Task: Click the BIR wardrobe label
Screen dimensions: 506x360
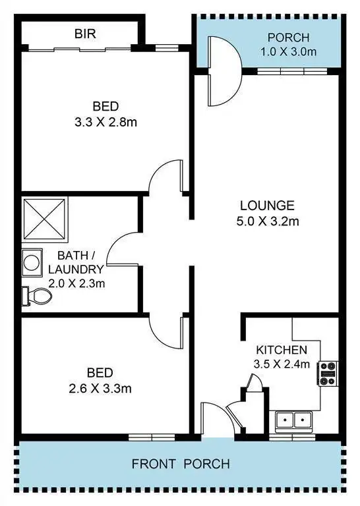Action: pyautogui.click(x=86, y=33)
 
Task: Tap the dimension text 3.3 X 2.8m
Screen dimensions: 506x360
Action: pyautogui.click(x=105, y=122)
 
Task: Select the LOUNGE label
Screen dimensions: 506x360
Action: pyautogui.click(x=267, y=205)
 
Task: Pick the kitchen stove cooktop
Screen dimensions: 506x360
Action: pyautogui.click(x=328, y=374)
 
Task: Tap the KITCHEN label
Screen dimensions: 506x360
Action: pyautogui.click(x=282, y=349)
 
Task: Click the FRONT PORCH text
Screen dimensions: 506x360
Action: pyautogui.click(x=181, y=464)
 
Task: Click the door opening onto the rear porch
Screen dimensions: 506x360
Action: pyautogui.click(x=223, y=71)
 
